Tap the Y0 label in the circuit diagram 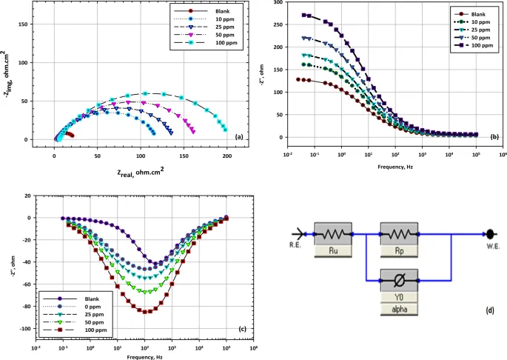(x=400, y=296)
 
